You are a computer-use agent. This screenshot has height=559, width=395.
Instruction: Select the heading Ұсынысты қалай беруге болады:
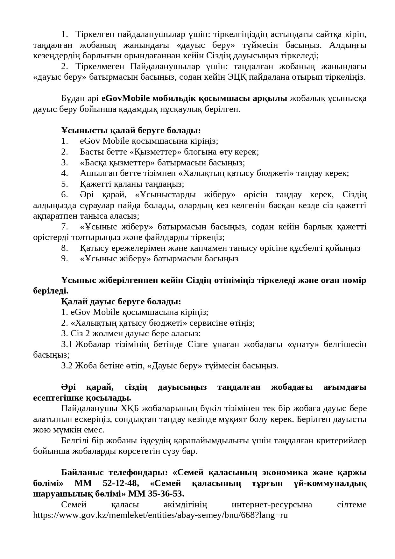point(131,131)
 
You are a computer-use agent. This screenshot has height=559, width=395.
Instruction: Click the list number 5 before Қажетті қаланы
point(64,184)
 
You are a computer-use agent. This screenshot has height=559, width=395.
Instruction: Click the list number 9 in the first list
point(64,258)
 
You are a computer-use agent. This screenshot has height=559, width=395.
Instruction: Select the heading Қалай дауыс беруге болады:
point(121,301)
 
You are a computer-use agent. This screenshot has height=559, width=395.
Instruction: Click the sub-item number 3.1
point(67,345)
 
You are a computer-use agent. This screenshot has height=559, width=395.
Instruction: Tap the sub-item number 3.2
point(67,366)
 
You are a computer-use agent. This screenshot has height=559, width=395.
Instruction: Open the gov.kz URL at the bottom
point(160,515)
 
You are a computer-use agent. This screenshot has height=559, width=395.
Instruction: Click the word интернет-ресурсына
point(272,505)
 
